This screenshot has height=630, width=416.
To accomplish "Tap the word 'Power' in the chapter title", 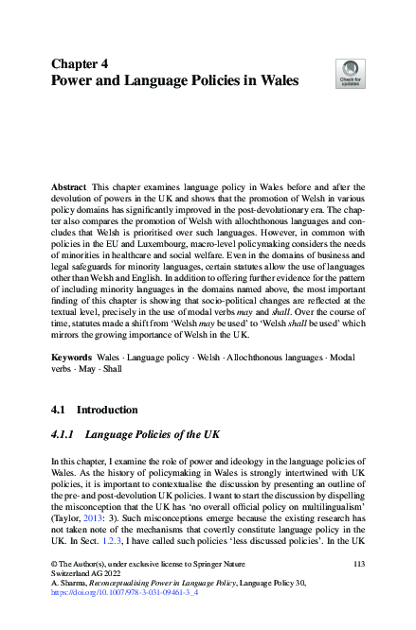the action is pyautogui.click(x=74, y=81).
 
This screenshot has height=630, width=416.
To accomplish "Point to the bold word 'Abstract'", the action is pyautogui.click(x=71, y=189).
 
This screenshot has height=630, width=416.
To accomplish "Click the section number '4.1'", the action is pyautogui.click(x=60, y=411).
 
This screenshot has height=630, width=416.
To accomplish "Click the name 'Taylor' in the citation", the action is pyautogui.click(x=67, y=527).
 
